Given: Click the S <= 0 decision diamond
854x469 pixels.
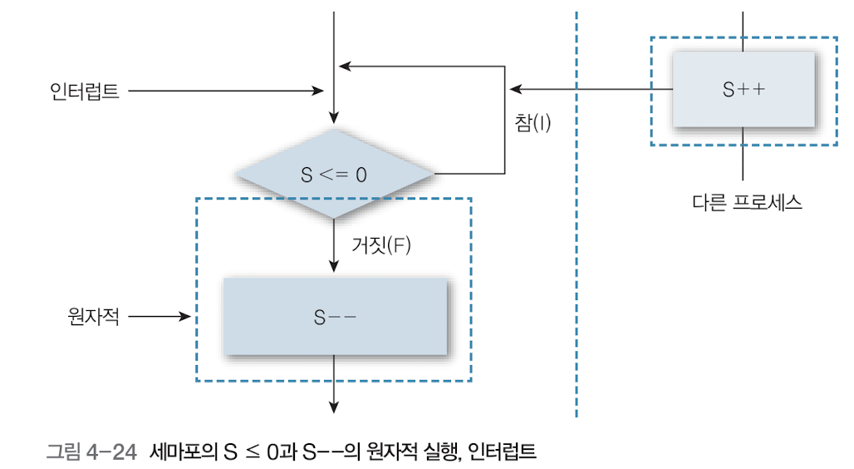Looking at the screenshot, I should pyautogui.click(x=333, y=175).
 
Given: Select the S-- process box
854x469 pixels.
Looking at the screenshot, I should pyautogui.click(x=335, y=316).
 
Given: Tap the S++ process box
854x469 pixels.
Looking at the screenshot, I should pyautogui.click(x=744, y=90).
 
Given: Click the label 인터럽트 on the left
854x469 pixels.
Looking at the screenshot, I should pyautogui.click(x=84, y=91).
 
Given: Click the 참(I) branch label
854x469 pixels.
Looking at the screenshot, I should pyautogui.click(x=533, y=122).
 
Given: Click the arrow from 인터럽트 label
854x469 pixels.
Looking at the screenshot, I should pyautogui.click(x=225, y=91).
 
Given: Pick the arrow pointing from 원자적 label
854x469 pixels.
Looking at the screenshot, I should pyautogui.click(x=161, y=316).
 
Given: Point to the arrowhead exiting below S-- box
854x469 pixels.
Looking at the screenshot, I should pyautogui.click(x=334, y=406).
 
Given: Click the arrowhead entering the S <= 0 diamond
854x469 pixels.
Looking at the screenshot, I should pyautogui.click(x=333, y=117).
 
